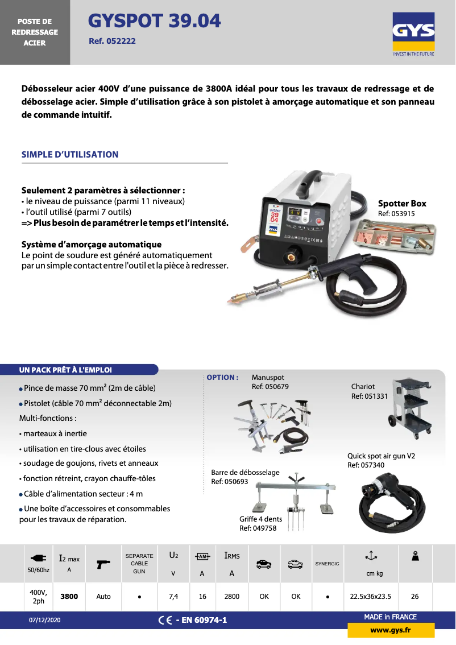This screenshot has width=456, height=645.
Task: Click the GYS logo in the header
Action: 413,35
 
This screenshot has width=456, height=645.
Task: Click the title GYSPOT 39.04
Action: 155,21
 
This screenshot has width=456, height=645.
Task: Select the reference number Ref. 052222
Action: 112,41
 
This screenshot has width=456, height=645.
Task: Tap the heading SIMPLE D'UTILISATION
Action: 70,154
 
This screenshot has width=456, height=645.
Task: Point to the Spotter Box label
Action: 402,204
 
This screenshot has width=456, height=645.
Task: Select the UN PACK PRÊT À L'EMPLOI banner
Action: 65,370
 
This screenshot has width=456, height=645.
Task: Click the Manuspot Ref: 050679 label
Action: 270,382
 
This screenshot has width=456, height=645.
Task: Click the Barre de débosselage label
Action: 245,477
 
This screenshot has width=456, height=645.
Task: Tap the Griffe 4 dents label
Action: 260,523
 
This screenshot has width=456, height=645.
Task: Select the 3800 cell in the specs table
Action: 69,597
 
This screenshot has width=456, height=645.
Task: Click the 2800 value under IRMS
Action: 231,597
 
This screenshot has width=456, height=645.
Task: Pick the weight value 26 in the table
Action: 414,597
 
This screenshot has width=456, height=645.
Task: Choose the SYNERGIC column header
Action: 327,564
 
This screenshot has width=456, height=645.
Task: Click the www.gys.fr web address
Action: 391,630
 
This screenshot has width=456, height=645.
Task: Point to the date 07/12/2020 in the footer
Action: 45,620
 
